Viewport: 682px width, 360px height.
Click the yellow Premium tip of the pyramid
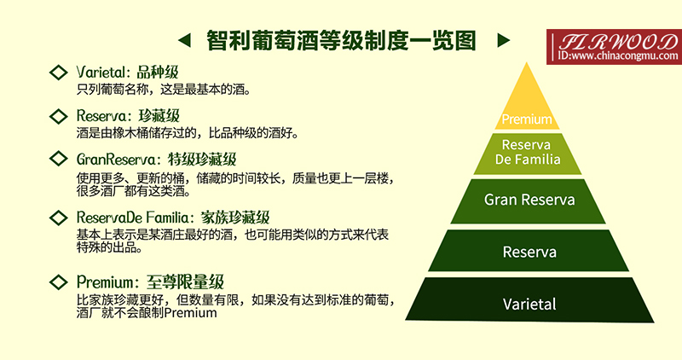(x=527, y=111)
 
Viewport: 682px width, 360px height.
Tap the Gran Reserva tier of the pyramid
(x=529, y=200)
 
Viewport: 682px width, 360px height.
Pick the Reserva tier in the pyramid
(x=529, y=252)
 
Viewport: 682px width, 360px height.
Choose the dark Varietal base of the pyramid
(x=529, y=303)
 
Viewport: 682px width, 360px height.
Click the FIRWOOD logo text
(x=613, y=42)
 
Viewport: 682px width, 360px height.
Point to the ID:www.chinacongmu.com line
(x=612, y=56)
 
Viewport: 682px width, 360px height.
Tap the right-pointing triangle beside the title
(x=503, y=40)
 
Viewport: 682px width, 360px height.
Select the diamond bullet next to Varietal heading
(x=59, y=72)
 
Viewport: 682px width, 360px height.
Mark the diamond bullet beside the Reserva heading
(x=59, y=115)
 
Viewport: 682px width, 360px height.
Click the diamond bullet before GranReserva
(x=59, y=159)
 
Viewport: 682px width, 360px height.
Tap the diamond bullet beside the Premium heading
(x=59, y=281)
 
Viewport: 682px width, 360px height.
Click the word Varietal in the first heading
(x=101, y=72)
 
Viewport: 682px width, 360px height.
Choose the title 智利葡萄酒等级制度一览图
(x=342, y=40)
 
